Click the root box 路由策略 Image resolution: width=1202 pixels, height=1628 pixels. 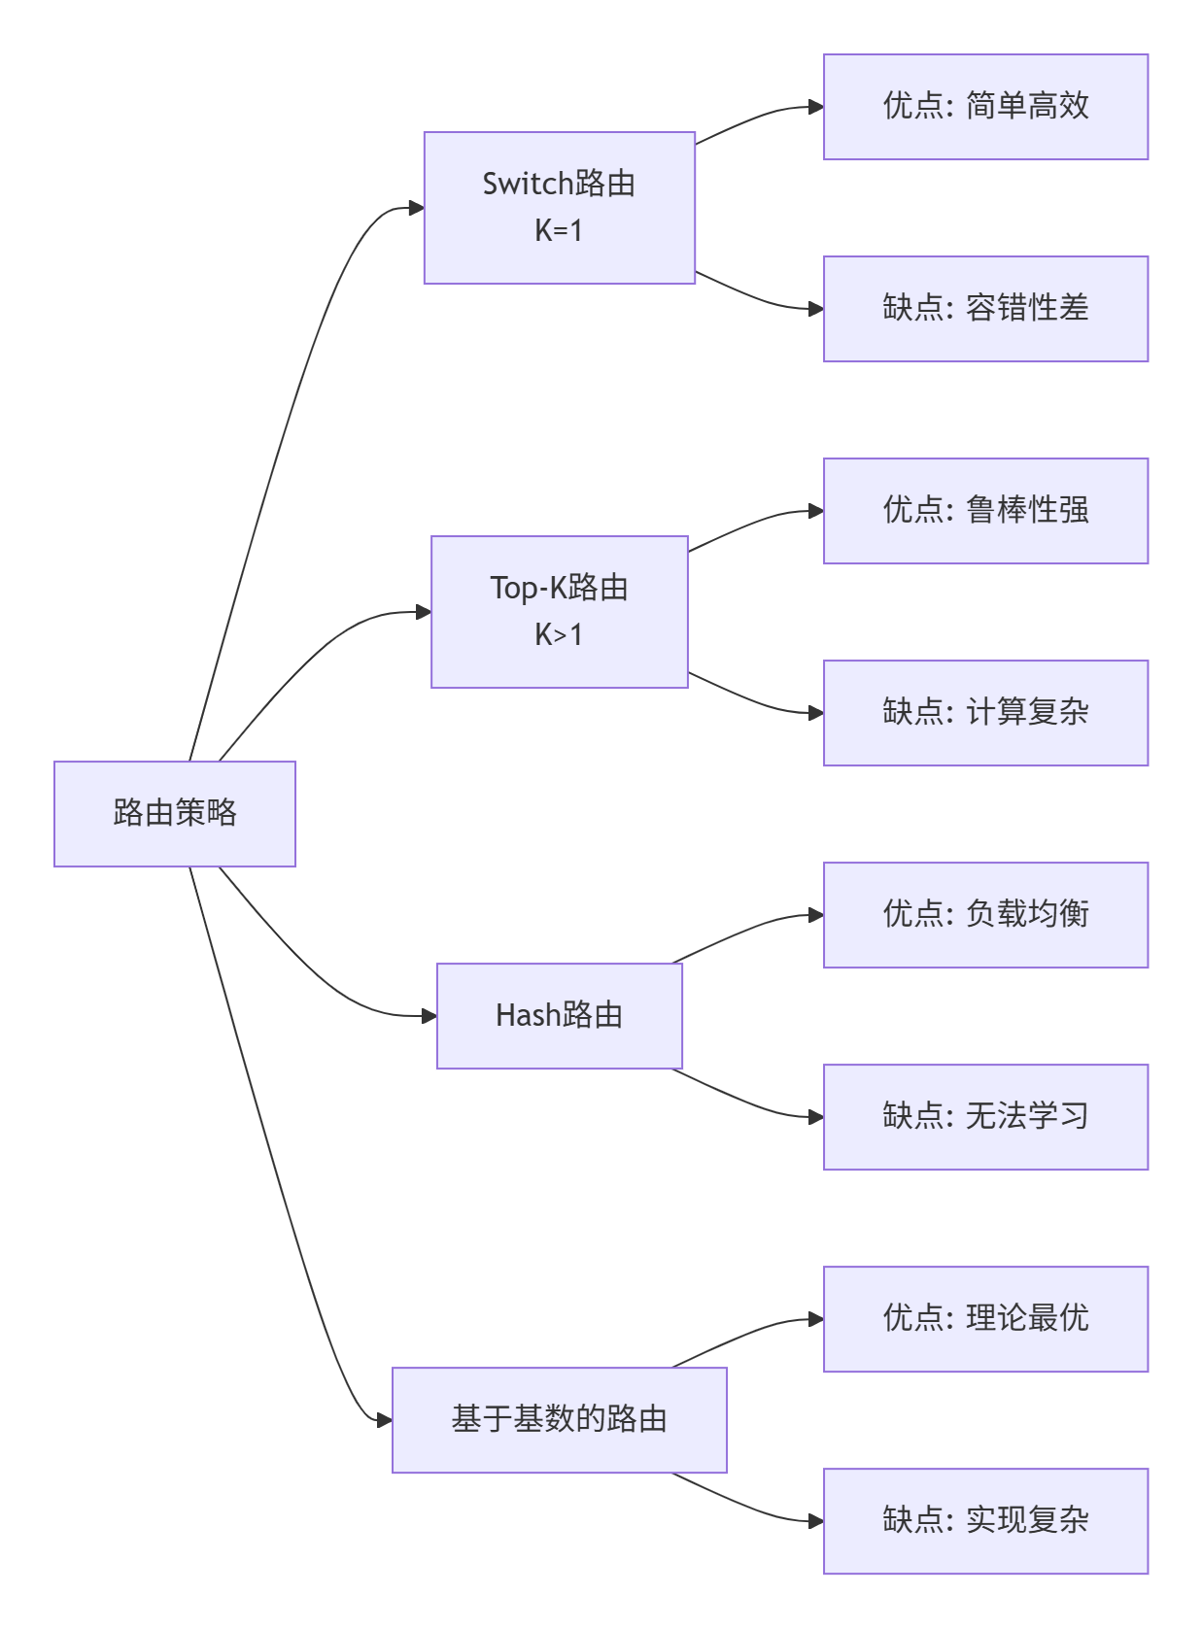tap(175, 814)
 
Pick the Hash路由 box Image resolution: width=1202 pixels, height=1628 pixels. tap(560, 1016)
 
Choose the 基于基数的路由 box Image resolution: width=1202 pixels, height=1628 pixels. tap(560, 1420)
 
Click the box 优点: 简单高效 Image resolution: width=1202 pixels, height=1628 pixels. tap(985, 107)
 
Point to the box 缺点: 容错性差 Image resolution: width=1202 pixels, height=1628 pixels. tap(985, 309)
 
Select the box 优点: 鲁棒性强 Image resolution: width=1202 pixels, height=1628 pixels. tap(985, 511)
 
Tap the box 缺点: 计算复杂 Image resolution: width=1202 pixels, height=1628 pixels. tap(985, 713)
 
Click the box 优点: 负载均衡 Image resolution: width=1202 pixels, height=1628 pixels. tap(985, 915)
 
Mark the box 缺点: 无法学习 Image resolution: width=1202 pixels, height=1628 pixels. tap(985, 1117)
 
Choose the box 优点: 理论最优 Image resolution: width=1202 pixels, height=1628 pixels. tap(985, 1319)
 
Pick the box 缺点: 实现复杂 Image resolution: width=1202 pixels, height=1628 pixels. tap(985, 1521)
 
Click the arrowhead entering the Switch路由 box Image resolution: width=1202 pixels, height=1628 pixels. tap(417, 208)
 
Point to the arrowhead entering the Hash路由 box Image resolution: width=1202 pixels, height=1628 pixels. tap(429, 1016)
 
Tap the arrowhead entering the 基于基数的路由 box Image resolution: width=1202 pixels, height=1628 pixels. tap(385, 1420)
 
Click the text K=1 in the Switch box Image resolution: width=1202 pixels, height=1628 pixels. tap(559, 231)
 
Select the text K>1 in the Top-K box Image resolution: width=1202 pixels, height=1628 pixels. tap(559, 635)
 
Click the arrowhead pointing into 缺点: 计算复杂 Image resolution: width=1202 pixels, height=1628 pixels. tap(816, 713)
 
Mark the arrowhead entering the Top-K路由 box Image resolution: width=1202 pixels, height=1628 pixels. tap(424, 612)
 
